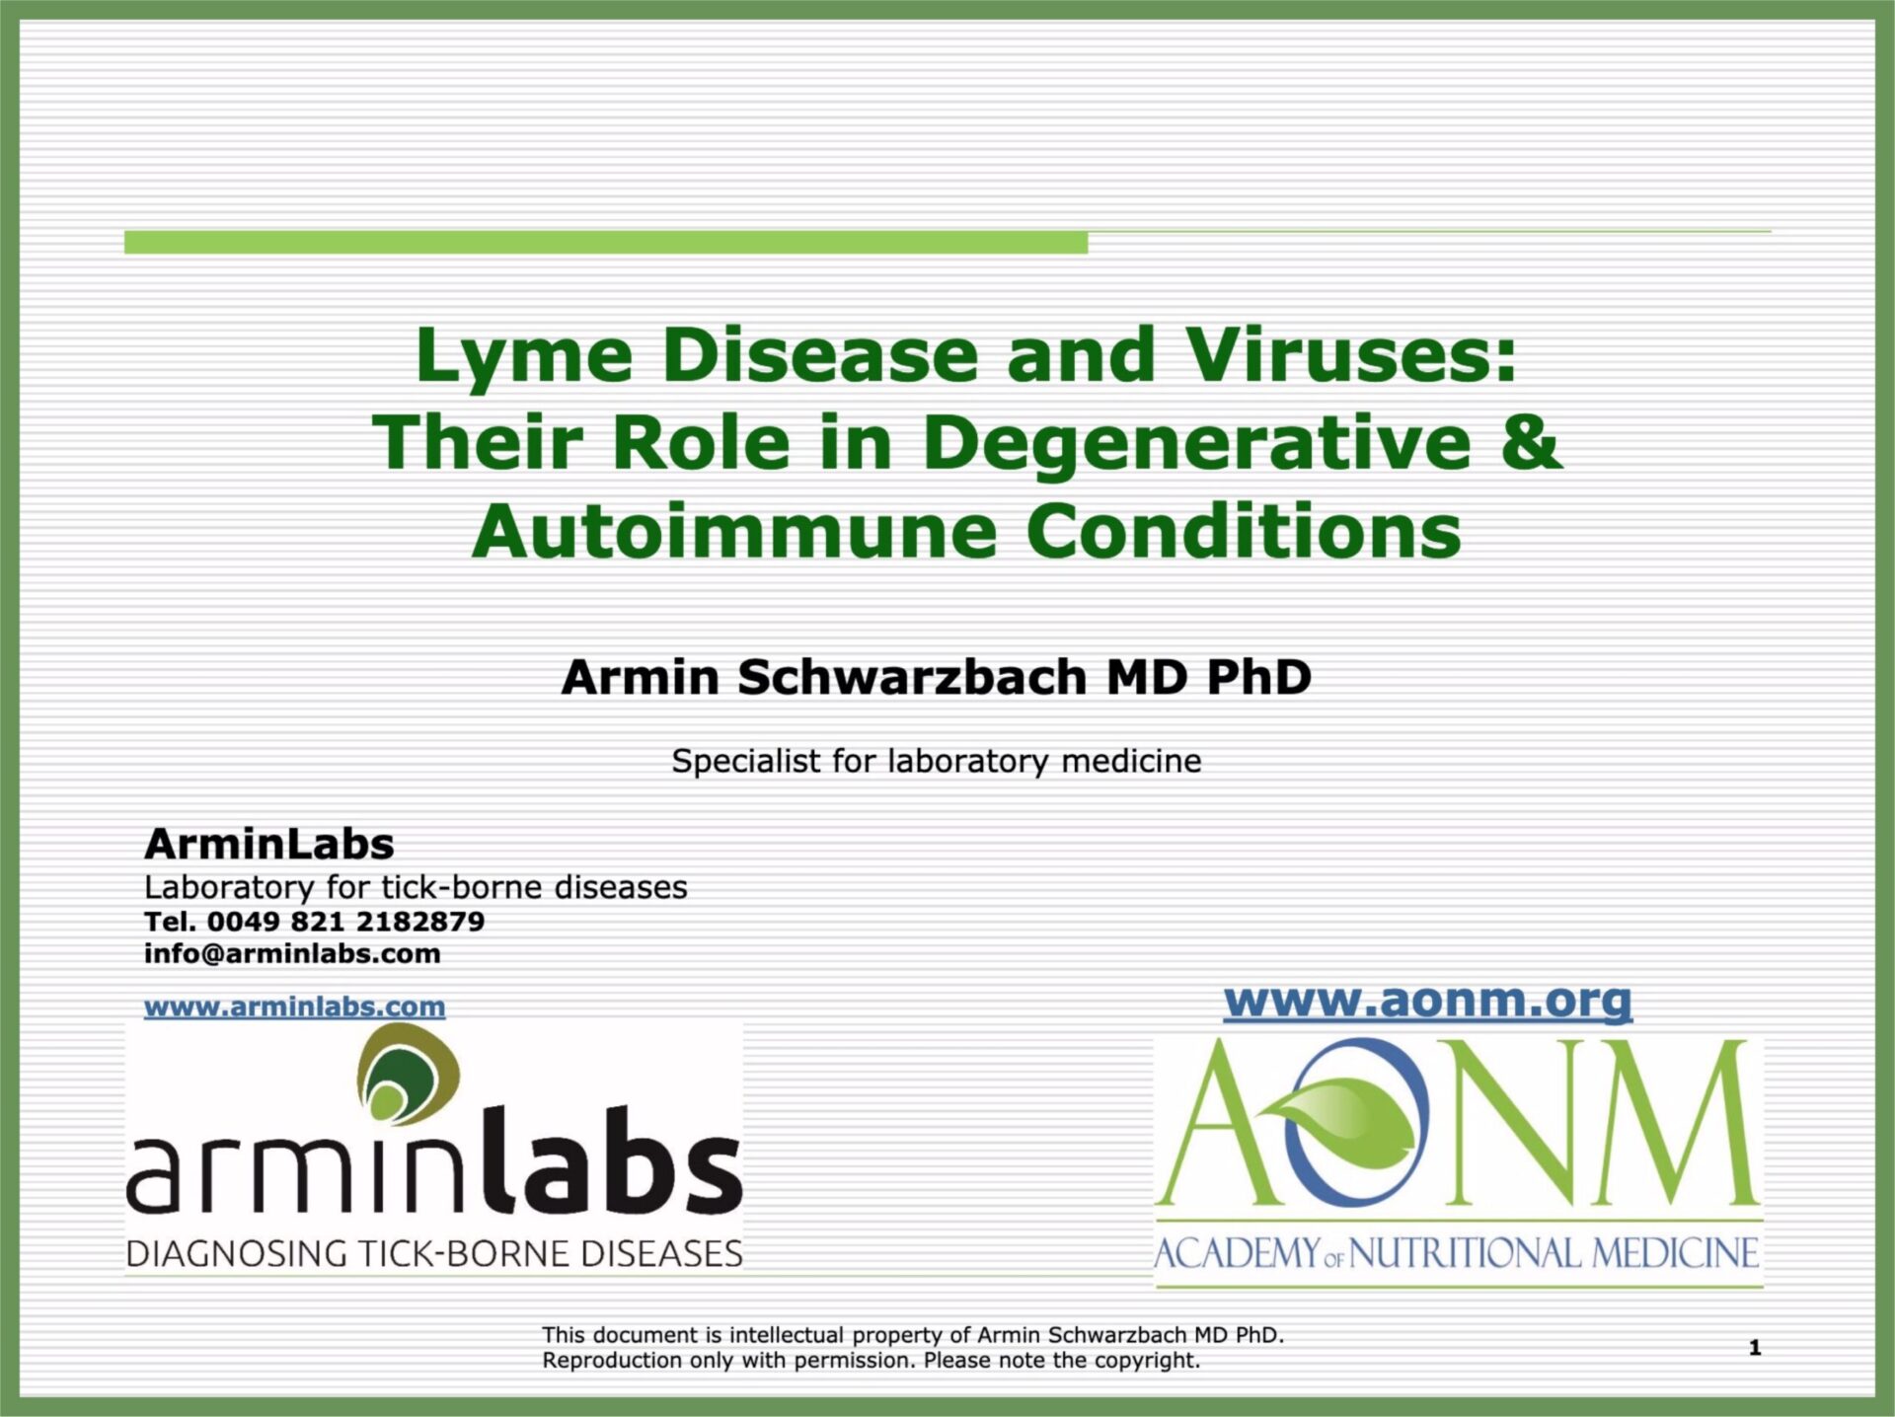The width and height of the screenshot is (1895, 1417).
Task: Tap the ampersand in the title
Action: coord(1531,441)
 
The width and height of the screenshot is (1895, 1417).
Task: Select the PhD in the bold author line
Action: coord(1258,677)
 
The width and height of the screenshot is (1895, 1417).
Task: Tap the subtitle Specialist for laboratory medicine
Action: coord(937,761)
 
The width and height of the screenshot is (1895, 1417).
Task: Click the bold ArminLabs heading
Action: coord(269,844)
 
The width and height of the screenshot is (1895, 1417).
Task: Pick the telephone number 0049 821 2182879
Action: coord(345,922)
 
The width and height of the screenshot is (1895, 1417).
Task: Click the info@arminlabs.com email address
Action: coord(292,954)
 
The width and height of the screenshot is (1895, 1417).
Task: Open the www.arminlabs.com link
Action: coord(294,1007)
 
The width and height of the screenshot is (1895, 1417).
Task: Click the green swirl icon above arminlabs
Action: coord(408,1074)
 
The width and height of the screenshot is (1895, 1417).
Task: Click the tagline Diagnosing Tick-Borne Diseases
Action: coord(434,1253)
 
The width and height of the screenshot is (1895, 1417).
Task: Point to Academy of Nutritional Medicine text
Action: coord(1457,1253)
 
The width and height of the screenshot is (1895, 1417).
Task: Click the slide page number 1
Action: coord(1754,1347)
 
